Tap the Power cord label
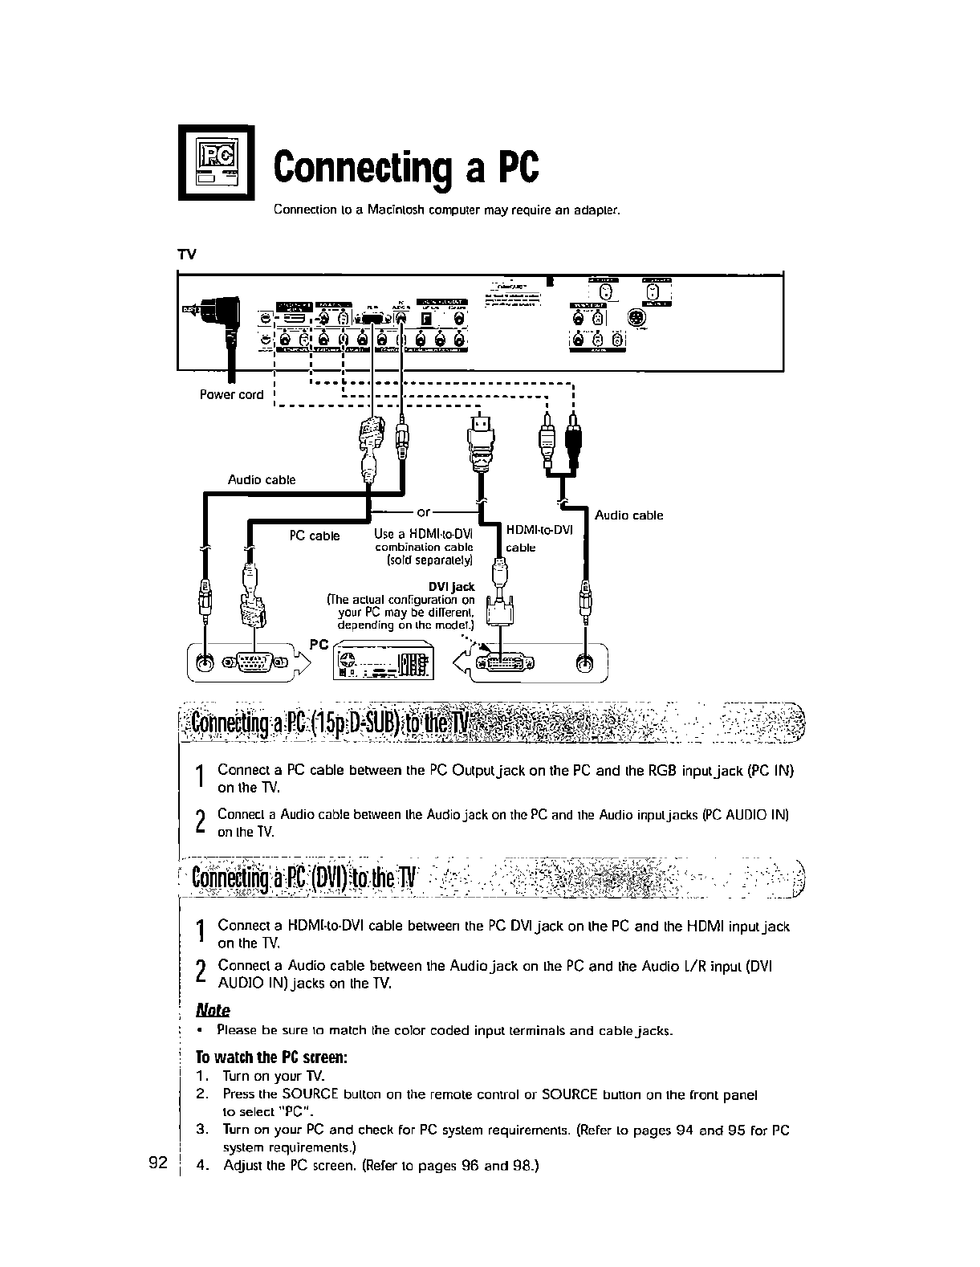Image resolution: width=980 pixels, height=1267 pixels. (231, 394)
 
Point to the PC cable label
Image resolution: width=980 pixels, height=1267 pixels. (315, 536)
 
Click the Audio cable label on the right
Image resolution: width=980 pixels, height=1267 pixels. (628, 515)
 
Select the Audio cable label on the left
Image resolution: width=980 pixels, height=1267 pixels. (262, 480)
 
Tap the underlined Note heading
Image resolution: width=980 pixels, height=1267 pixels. (213, 1010)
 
